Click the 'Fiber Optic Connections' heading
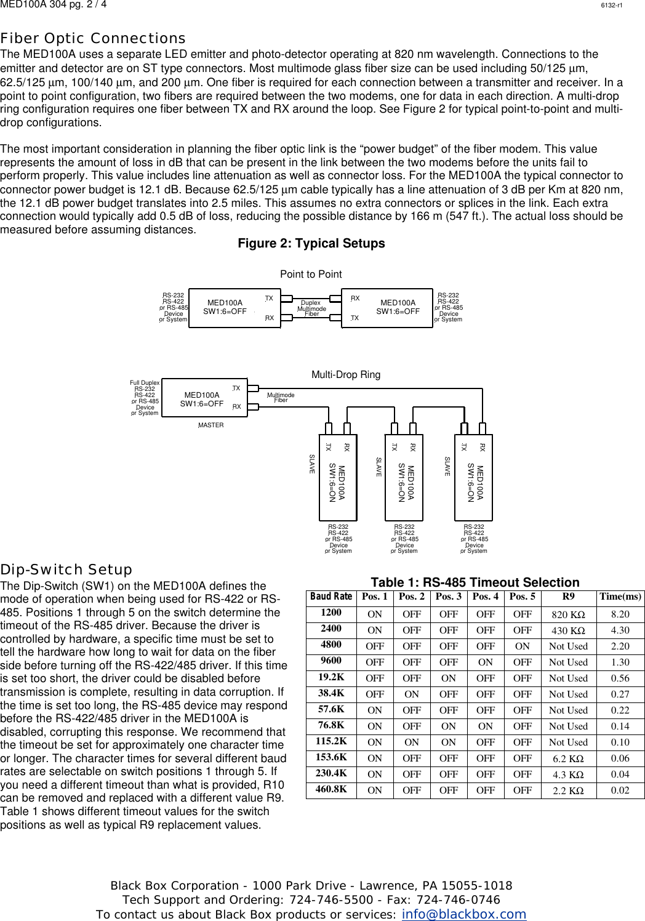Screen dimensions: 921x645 [93, 39]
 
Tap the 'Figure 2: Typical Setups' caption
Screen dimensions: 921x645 [311, 244]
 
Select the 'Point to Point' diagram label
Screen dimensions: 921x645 [311, 274]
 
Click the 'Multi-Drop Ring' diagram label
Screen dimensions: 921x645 [346, 374]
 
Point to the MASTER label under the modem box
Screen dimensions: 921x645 [211, 425]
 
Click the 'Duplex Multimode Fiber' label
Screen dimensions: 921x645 [311, 308]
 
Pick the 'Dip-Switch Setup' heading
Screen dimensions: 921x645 [66, 569]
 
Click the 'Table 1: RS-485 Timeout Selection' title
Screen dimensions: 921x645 [475, 582]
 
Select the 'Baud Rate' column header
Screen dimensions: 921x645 [331, 597]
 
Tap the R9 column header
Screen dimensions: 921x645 [568, 597]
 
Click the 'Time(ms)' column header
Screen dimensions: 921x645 [620, 597]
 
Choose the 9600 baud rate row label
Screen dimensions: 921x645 [331, 662]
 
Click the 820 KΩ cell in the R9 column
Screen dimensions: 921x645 [568, 614]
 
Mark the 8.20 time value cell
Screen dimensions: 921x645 [620, 614]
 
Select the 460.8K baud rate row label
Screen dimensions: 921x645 [331, 789]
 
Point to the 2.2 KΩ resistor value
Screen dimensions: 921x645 [568, 790]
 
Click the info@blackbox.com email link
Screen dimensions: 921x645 [463, 914]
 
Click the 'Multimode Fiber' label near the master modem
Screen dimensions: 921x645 [281, 398]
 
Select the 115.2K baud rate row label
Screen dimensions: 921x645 [331, 742]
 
